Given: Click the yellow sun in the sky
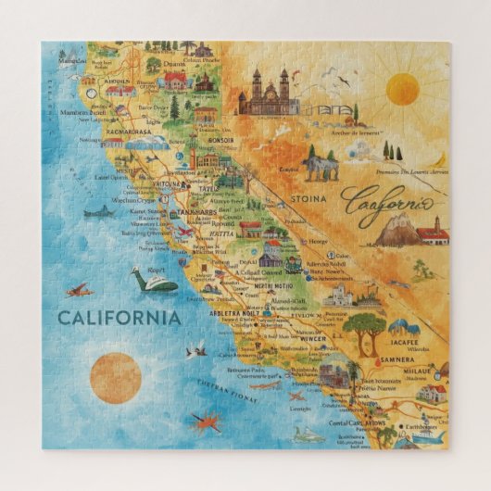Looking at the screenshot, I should tap(402, 89).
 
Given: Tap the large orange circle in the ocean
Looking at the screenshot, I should tap(116, 377).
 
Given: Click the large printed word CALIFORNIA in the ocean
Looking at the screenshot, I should tap(119, 318).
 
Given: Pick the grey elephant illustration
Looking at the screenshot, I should tap(321, 167).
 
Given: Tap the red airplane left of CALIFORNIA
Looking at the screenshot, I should tap(79, 290).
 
